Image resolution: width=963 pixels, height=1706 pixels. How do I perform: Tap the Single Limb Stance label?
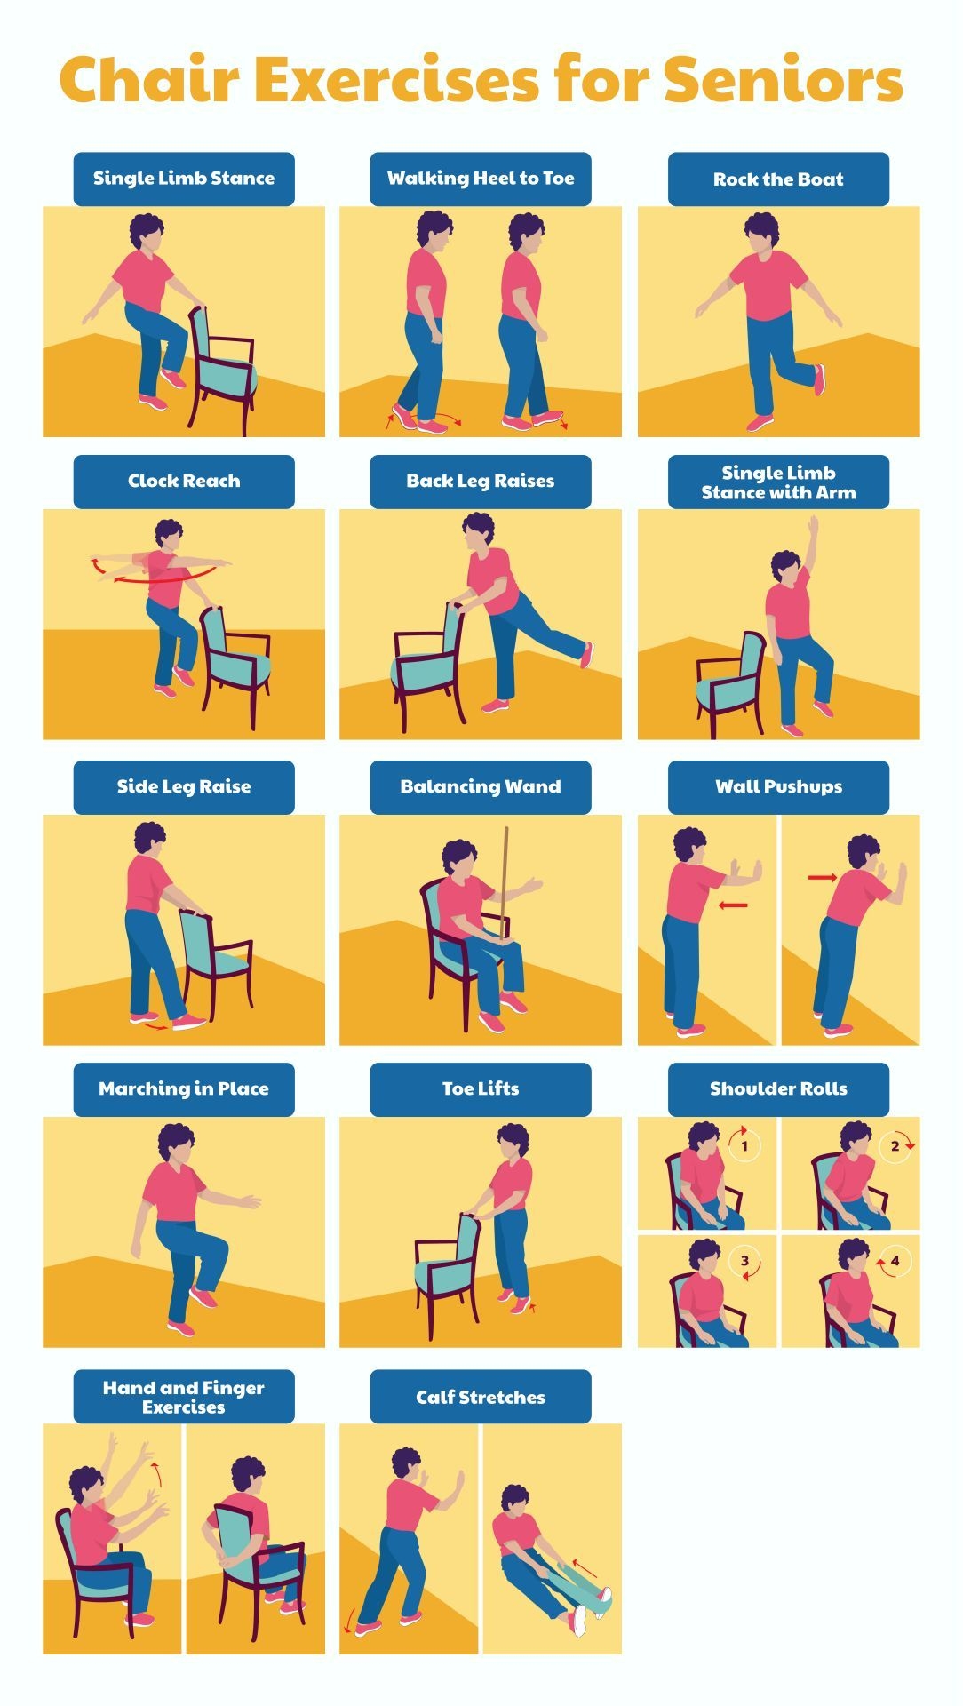(184, 179)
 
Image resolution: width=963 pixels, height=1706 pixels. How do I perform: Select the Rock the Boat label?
(778, 179)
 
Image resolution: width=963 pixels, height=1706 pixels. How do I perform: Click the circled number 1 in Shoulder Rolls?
(744, 1145)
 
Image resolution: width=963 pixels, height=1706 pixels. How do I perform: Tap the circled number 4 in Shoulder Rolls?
(895, 1261)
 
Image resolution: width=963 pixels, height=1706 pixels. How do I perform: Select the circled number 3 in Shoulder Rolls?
(744, 1261)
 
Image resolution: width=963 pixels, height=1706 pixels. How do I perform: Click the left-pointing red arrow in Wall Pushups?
(734, 905)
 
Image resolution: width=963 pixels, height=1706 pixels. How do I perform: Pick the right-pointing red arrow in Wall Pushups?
(823, 878)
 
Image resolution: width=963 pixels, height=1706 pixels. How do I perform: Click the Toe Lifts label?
(481, 1089)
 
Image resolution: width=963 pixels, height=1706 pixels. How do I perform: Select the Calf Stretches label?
(481, 1397)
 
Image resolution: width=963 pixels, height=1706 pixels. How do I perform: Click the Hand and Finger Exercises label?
(184, 1397)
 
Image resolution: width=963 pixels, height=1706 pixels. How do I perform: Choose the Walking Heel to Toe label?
(481, 179)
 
